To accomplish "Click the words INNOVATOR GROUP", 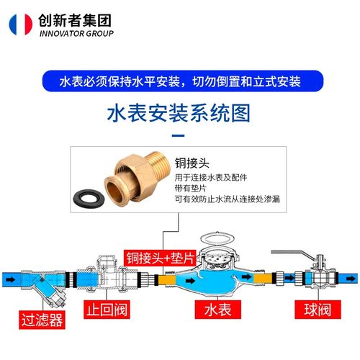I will tap(76, 33).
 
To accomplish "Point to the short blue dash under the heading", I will tap(179, 133).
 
